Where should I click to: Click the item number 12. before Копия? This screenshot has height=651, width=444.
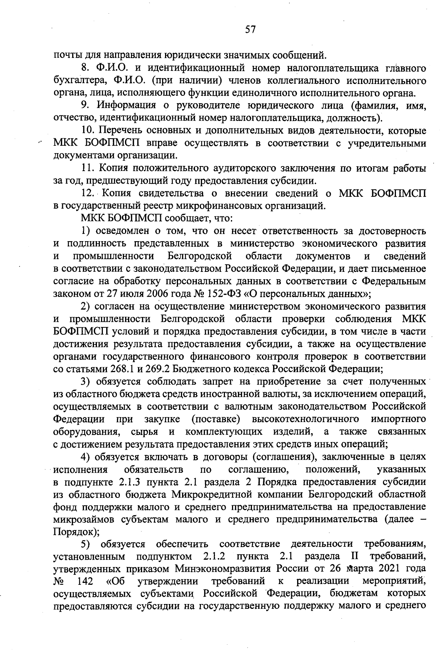(88, 193)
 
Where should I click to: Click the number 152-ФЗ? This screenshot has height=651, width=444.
(223, 294)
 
